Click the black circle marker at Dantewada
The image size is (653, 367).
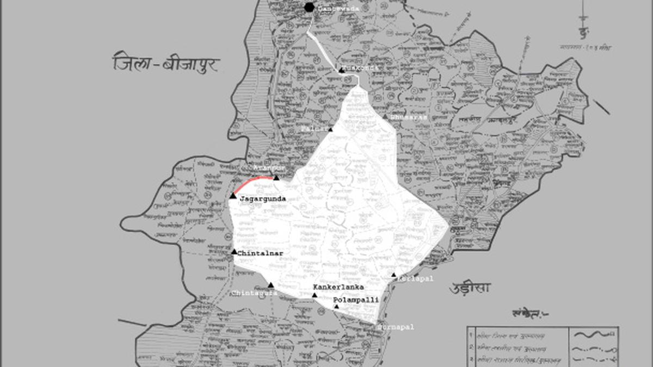(309, 7)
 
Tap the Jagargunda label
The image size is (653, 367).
(263, 199)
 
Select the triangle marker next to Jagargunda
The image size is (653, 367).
(233, 196)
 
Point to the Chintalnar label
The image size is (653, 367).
(260, 253)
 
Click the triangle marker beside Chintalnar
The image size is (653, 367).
(234, 252)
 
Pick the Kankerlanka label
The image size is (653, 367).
(338, 287)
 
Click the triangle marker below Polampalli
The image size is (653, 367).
(336, 307)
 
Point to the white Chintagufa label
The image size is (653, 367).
(254, 293)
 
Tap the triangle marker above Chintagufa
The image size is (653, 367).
(271, 285)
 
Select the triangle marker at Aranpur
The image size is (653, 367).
(276, 178)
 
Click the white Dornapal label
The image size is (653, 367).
(396, 327)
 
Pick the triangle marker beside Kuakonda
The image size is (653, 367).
(341, 70)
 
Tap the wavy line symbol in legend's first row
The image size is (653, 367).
(595, 332)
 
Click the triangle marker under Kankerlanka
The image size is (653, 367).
(315, 295)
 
